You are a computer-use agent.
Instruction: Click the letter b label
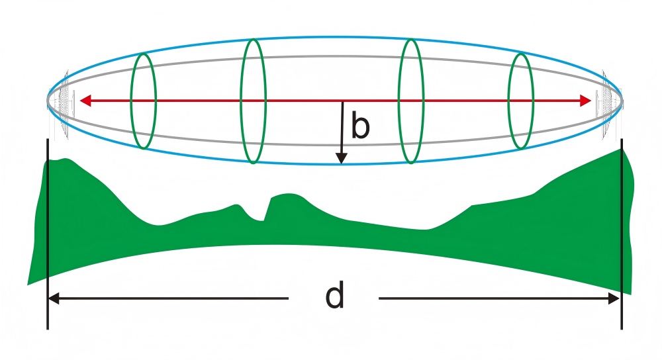[x=360, y=126]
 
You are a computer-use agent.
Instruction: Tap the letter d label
[x=335, y=298]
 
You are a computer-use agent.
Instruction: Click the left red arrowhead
[x=85, y=101]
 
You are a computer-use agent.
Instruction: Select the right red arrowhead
[x=585, y=101]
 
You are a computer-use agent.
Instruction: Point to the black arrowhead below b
[x=341, y=159]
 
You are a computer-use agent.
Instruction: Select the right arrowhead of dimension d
[x=615, y=299]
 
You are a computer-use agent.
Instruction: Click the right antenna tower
[x=605, y=103]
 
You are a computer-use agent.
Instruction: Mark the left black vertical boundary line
[x=48, y=232]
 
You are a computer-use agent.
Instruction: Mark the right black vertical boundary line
[x=622, y=232]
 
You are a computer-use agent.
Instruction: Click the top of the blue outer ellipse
[x=334, y=38]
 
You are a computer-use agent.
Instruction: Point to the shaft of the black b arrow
[x=342, y=129]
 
